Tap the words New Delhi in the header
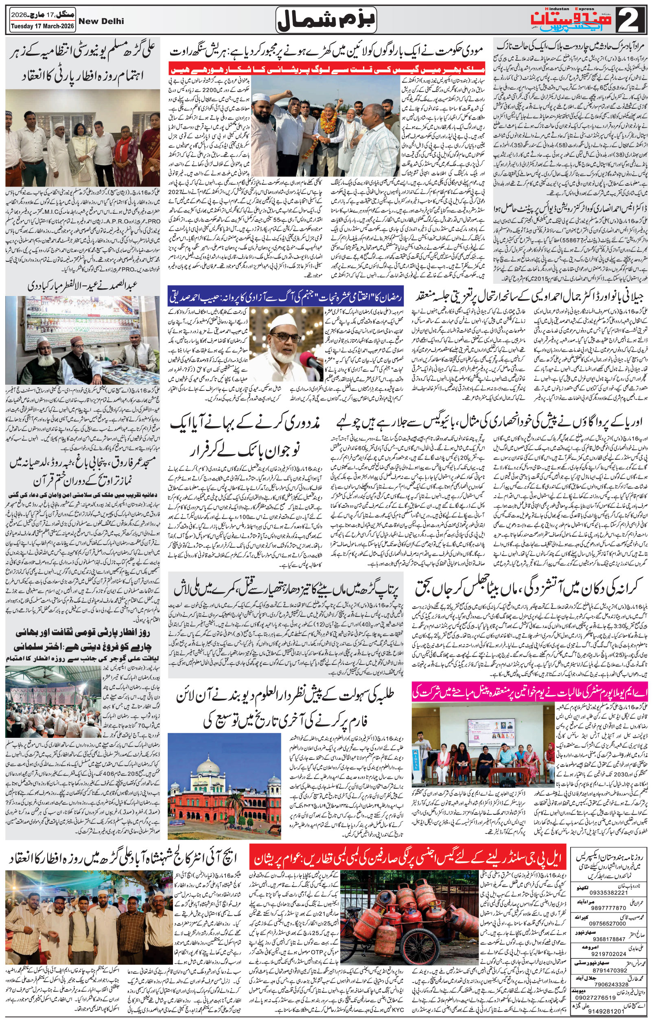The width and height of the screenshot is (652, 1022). (101, 21)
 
